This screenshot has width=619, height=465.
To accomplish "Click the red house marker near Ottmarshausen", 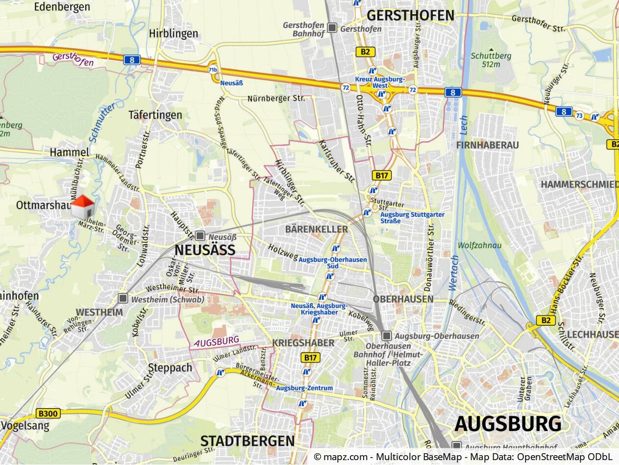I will pyautogui.click(x=82, y=207).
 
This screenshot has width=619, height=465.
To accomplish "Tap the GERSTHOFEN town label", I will pyautogui.click(x=410, y=16).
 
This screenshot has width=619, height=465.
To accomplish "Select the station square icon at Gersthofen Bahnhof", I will pyautogui.click(x=332, y=28).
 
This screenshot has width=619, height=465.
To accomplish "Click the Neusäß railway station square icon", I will pyautogui.click(x=200, y=235).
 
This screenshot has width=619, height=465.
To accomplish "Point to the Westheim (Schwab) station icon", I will pyautogui.click(x=123, y=298).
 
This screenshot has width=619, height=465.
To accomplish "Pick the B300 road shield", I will pyautogui.click(x=48, y=413).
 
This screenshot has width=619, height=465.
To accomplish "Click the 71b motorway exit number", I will pyautogui.click(x=213, y=70).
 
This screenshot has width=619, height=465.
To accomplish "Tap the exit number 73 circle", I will pyautogui.click(x=580, y=116).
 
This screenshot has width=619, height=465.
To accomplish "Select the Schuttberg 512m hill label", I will pyautogui.click(x=491, y=60).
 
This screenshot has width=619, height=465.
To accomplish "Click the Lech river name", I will pyautogui.click(x=464, y=126).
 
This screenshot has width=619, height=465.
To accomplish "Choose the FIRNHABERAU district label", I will pyautogui.click(x=487, y=145).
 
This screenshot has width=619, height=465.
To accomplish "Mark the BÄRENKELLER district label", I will pyautogui.click(x=316, y=229).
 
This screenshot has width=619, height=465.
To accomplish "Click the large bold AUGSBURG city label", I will pyautogui.click(x=508, y=424).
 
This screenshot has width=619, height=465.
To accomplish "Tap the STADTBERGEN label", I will pyautogui.click(x=248, y=440).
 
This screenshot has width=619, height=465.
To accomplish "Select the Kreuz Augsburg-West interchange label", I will pyautogui.click(x=380, y=82).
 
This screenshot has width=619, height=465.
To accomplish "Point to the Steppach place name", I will pyautogui.click(x=170, y=368).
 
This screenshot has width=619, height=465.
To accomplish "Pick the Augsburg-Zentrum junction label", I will pyautogui.click(x=304, y=388).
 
